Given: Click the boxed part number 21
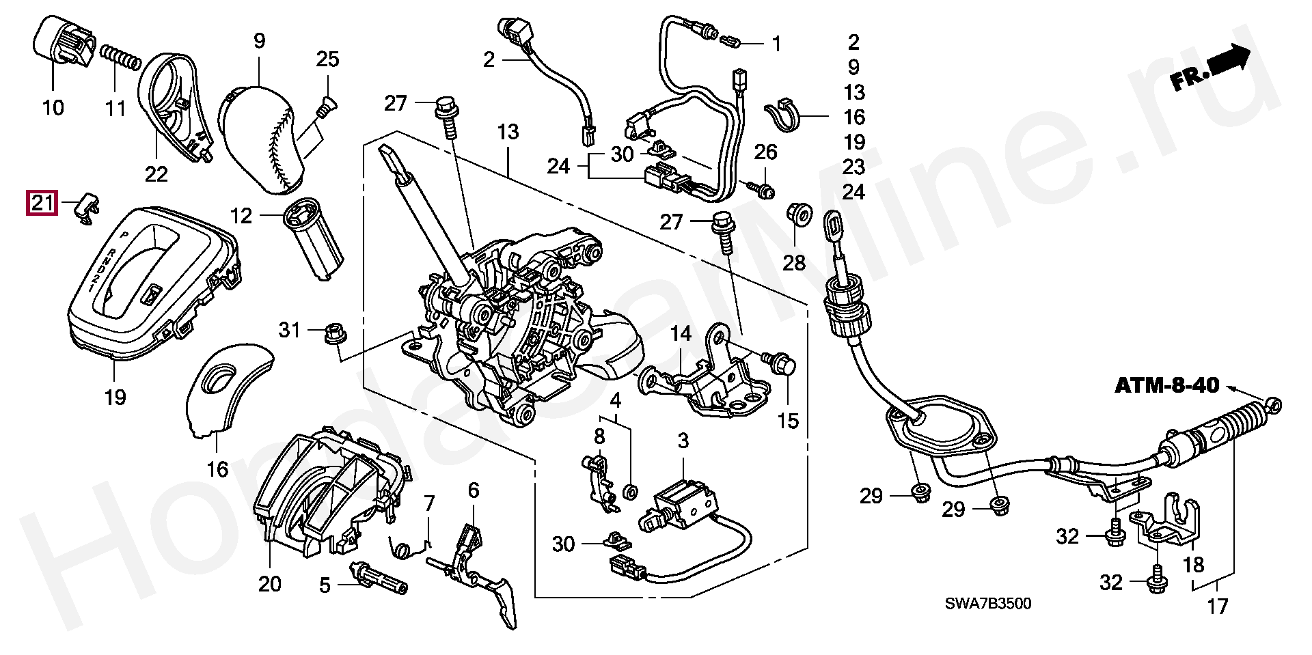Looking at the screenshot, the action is coord(40,203).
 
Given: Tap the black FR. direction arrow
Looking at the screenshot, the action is coord(1229,59).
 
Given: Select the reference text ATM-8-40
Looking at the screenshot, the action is coord(1166,386).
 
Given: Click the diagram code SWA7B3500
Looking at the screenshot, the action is coord(988,604).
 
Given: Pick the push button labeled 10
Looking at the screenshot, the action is coord(63,40).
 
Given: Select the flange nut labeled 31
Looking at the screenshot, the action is coord(334,333).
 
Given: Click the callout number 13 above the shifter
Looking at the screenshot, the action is coord(508,133).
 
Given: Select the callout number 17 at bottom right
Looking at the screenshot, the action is coord(1218,606).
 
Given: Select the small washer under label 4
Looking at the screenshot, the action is coord(631,490).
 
